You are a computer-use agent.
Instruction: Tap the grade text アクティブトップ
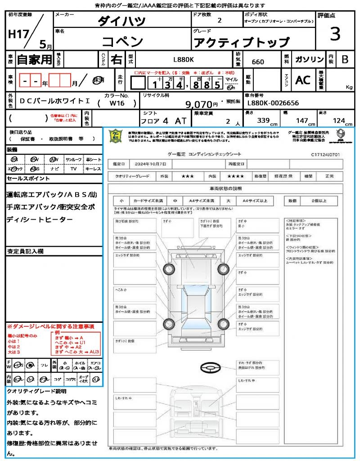tap(241, 42)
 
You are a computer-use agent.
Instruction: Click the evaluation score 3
tap(335, 34)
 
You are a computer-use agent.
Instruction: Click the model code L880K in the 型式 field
tap(184, 59)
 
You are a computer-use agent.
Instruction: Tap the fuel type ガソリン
tap(309, 59)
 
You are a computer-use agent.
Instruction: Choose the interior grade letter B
tap(345, 59)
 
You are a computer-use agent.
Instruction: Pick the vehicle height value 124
tap(338, 121)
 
